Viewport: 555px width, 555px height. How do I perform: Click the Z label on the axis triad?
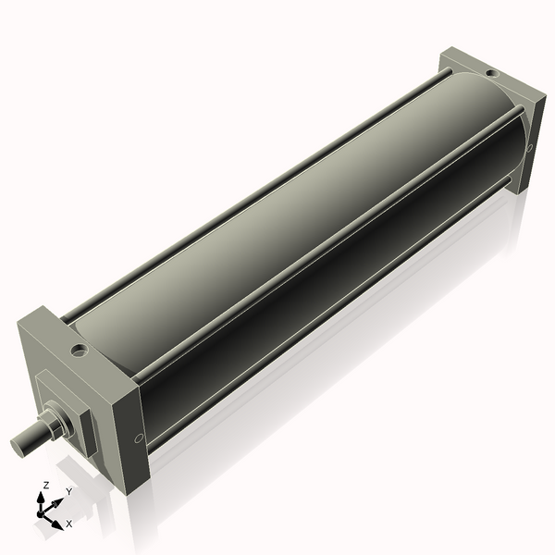[x=46, y=485]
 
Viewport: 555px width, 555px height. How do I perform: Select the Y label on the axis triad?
[x=68, y=492]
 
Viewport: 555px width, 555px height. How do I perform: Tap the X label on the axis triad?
[x=68, y=524]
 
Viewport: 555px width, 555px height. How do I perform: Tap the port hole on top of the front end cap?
[x=80, y=351]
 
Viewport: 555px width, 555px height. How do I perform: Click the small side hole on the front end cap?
[x=138, y=438]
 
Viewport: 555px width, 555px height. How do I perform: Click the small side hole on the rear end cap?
[x=530, y=146]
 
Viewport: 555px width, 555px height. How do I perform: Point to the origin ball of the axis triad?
[x=41, y=513]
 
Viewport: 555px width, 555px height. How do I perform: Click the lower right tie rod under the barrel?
[x=333, y=314]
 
